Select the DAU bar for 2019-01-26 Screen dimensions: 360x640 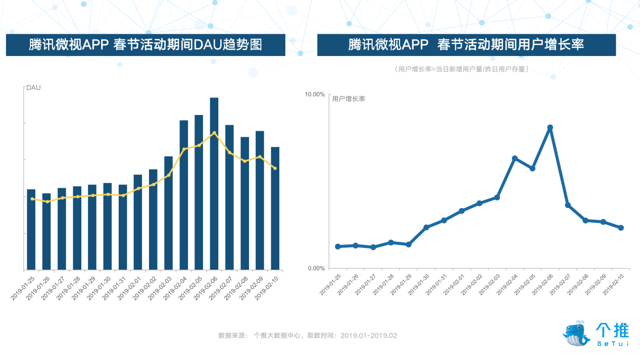point(46,231)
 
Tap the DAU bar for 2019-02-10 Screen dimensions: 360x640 point(275,208)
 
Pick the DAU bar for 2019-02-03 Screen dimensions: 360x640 point(168,212)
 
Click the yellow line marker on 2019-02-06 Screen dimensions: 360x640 point(214,133)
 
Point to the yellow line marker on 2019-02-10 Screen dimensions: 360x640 point(275,168)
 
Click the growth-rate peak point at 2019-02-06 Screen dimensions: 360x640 point(550,128)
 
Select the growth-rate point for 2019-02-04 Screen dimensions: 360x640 point(515,159)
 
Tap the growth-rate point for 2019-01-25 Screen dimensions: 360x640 point(338,246)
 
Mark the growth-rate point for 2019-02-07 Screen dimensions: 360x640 point(568,205)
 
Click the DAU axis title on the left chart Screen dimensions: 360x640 point(33,88)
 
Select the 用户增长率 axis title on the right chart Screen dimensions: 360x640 point(349,99)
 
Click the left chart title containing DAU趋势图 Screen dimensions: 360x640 point(145,45)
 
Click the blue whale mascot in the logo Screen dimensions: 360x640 point(576,333)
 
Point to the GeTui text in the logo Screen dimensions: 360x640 point(612,344)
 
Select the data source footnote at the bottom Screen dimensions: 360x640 point(308,335)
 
